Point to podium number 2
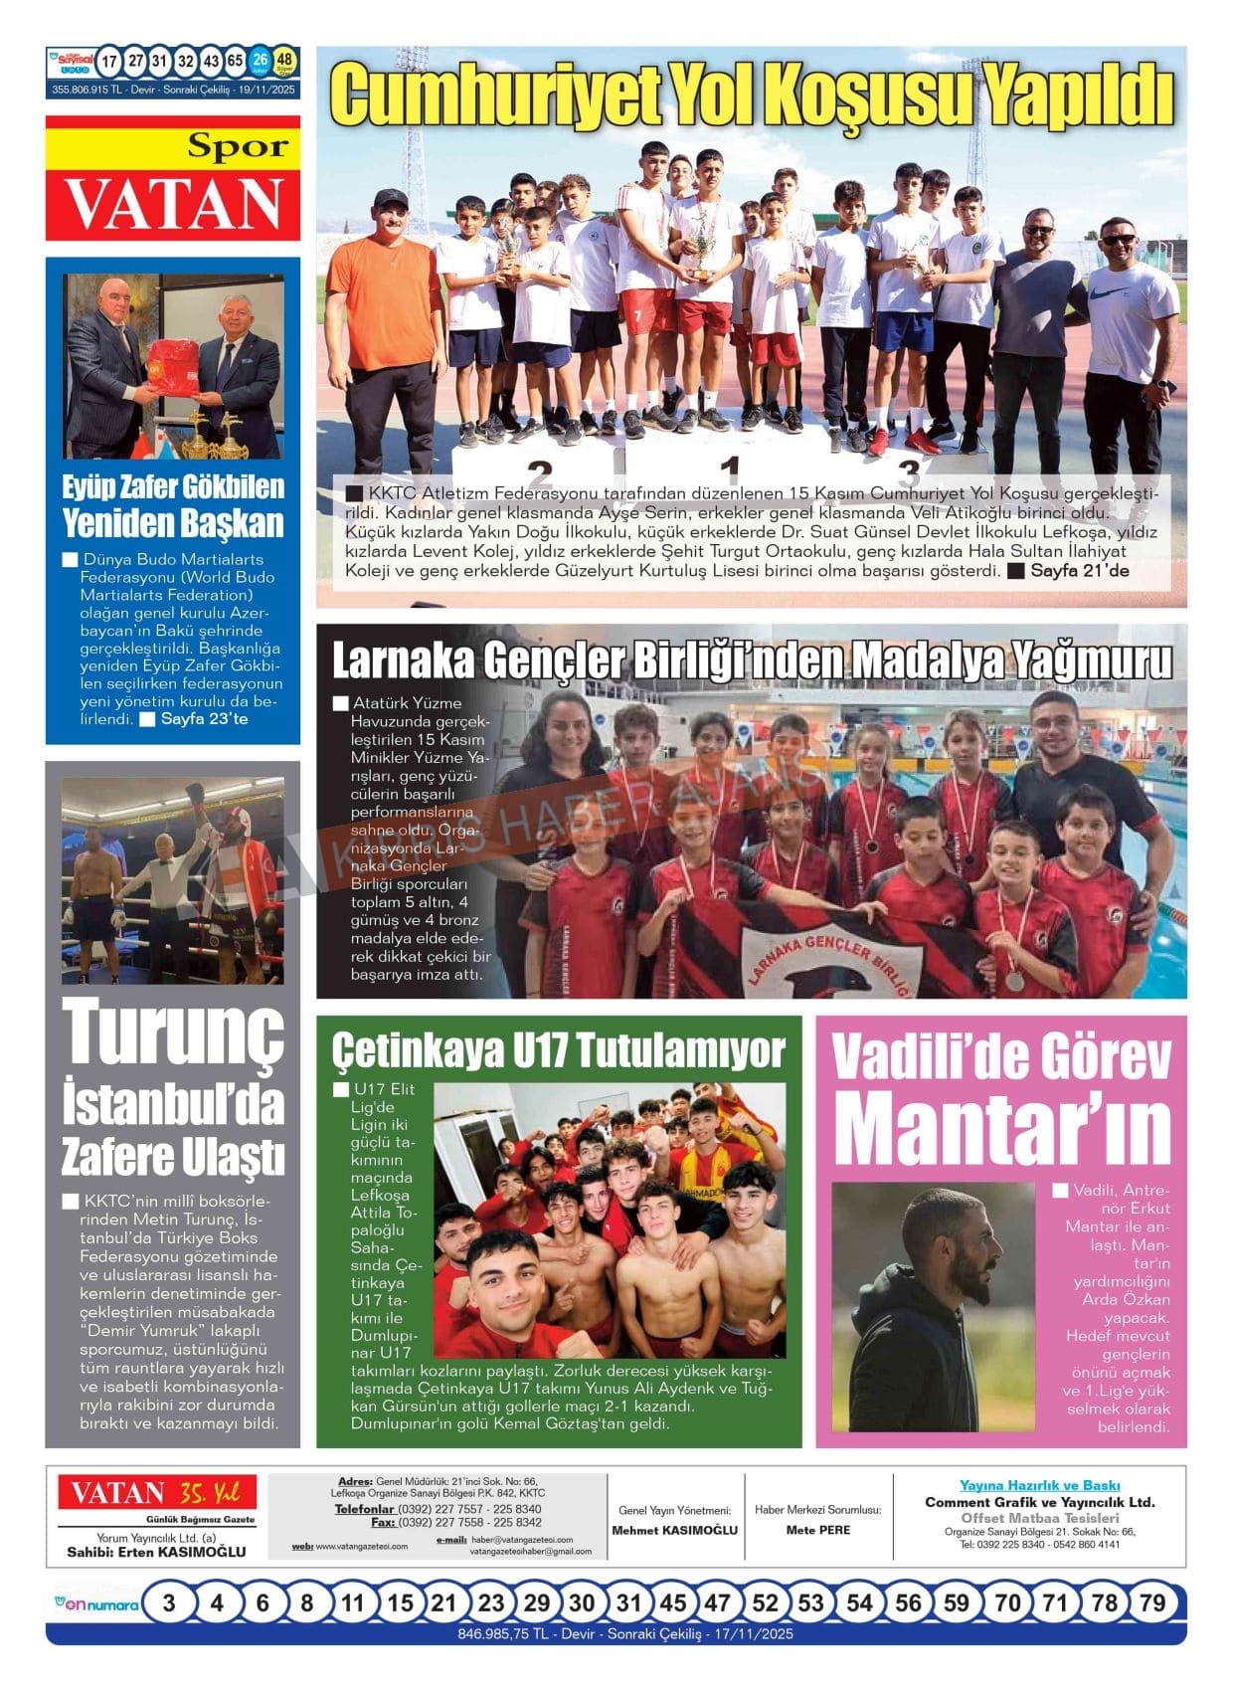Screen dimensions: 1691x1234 [539, 472]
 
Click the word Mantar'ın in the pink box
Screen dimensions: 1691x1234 [1001, 1127]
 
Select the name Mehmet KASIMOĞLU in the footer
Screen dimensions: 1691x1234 [674, 1530]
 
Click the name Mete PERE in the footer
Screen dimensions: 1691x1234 [817, 1530]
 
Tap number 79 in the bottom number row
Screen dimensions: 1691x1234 [1151, 1602]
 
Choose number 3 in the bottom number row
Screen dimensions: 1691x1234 [169, 1602]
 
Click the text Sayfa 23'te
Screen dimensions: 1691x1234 [203, 718]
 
